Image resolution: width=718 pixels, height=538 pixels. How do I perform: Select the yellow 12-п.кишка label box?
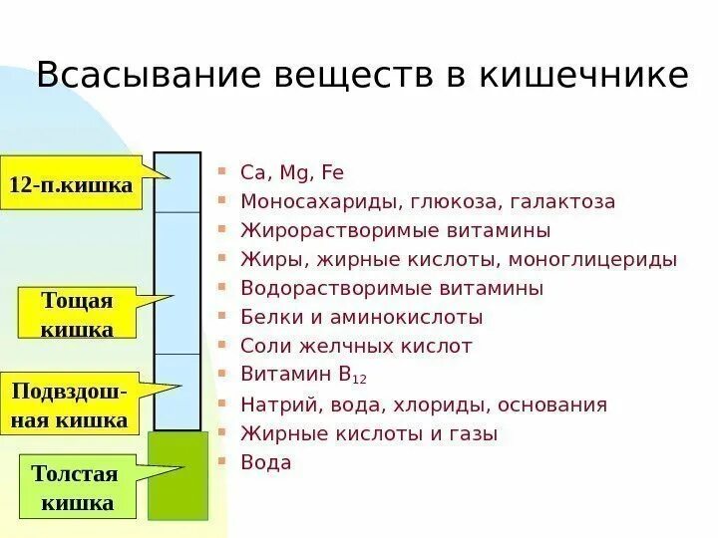coord(71,184)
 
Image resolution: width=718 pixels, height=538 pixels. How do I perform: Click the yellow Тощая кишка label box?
coord(77,315)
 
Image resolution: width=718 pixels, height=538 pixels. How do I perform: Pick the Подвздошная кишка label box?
coord(70,405)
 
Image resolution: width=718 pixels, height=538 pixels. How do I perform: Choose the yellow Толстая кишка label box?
coord(76,488)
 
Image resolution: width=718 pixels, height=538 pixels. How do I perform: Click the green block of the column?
coord(178,475)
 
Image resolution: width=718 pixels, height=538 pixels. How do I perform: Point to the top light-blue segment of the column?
coord(178,181)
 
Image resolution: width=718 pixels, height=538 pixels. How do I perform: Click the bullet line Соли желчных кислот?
coord(356,346)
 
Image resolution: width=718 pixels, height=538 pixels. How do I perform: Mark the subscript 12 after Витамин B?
coord(360,380)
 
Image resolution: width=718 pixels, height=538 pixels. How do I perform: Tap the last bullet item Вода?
coord(266,462)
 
